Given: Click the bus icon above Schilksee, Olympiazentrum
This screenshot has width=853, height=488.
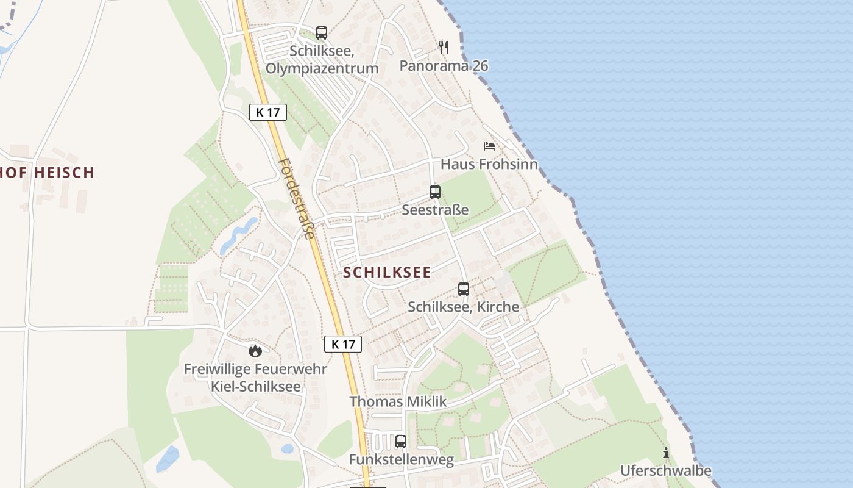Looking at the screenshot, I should pos(322,33).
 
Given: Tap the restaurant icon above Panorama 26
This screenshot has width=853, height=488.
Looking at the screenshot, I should pos(444,47).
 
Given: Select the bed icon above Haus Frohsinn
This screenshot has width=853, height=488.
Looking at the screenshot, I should pos(489,146).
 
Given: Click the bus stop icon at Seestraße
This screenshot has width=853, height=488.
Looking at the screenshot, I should pos(435,192).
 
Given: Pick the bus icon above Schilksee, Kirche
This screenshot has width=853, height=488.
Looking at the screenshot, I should pos(464,289).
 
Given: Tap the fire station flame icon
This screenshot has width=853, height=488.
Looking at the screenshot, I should pos(255,351).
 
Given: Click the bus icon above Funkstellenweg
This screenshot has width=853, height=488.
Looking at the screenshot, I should pos(401,441).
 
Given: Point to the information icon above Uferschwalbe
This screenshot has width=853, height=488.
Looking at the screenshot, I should pos(666,453).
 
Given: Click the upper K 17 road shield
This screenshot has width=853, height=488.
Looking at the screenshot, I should pos(268,112).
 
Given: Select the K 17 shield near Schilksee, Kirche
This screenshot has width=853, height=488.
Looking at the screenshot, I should pos(343,344).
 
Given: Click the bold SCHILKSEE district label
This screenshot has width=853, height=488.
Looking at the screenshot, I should pos(387,273).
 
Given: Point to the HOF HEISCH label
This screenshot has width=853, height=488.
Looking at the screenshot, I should pos(48,173).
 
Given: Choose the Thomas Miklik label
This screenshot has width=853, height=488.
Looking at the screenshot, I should pos(398,401).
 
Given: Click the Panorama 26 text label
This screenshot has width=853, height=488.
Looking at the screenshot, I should pos(444,66).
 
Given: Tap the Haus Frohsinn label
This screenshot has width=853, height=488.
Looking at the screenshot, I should pos(489,164).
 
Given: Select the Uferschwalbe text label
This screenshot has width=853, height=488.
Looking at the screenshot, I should pos(666,471).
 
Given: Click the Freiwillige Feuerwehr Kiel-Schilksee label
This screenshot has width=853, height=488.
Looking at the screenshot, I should pos(255,378).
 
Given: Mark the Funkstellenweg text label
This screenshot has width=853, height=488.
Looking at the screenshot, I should pos(401,460).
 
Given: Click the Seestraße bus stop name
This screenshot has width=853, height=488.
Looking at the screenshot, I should pos(435,210).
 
